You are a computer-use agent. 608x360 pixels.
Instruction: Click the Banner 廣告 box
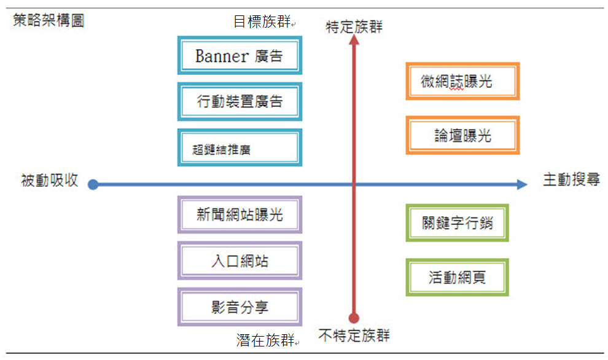click(x=240, y=55)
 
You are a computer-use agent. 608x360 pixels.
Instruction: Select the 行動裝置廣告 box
click(x=240, y=101)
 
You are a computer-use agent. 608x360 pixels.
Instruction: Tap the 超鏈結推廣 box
click(x=240, y=148)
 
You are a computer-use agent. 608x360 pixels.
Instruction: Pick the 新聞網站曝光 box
click(x=240, y=214)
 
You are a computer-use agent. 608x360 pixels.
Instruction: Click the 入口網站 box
click(x=240, y=260)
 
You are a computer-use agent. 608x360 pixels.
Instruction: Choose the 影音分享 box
click(x=240, y=307)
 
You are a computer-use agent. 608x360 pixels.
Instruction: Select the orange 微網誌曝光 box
click(x=462, y=81)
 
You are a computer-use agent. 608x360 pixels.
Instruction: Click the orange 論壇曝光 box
click(x=462, y=135)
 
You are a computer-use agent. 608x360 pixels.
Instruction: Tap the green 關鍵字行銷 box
click(x=457, y=223)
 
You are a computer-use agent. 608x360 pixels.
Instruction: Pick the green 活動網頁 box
click(x=457, y=277)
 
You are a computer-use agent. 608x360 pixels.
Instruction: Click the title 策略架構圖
click(x=49, y=20)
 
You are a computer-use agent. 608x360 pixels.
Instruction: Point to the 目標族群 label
click(x=262, y=22)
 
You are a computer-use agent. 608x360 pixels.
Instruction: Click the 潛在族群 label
click(x=265, y=340)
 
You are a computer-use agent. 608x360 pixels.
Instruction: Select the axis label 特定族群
click(x=354, y=27)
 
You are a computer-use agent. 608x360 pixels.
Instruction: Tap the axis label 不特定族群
click(x=354, y=335)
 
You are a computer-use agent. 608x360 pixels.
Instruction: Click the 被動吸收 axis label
click(x=50, y=181)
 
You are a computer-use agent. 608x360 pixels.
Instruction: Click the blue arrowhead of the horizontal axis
click(x=522, y=184)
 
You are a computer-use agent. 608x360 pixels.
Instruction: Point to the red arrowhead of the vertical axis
click(x=354, y=39)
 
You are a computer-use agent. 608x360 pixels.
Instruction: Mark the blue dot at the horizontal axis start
click(x=93, y=184)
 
